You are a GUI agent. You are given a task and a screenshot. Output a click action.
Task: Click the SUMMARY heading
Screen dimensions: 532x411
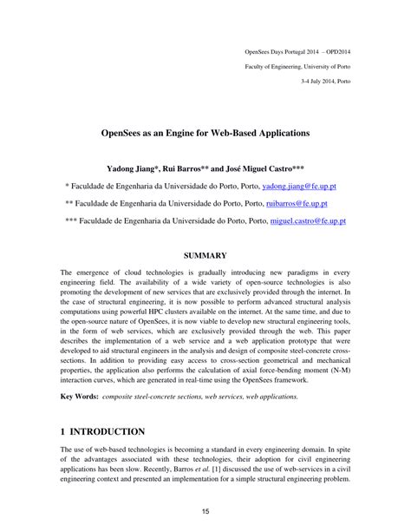click(x=205, y=255)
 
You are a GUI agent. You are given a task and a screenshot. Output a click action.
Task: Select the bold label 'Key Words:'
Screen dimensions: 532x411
click(x=79, y=396)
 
